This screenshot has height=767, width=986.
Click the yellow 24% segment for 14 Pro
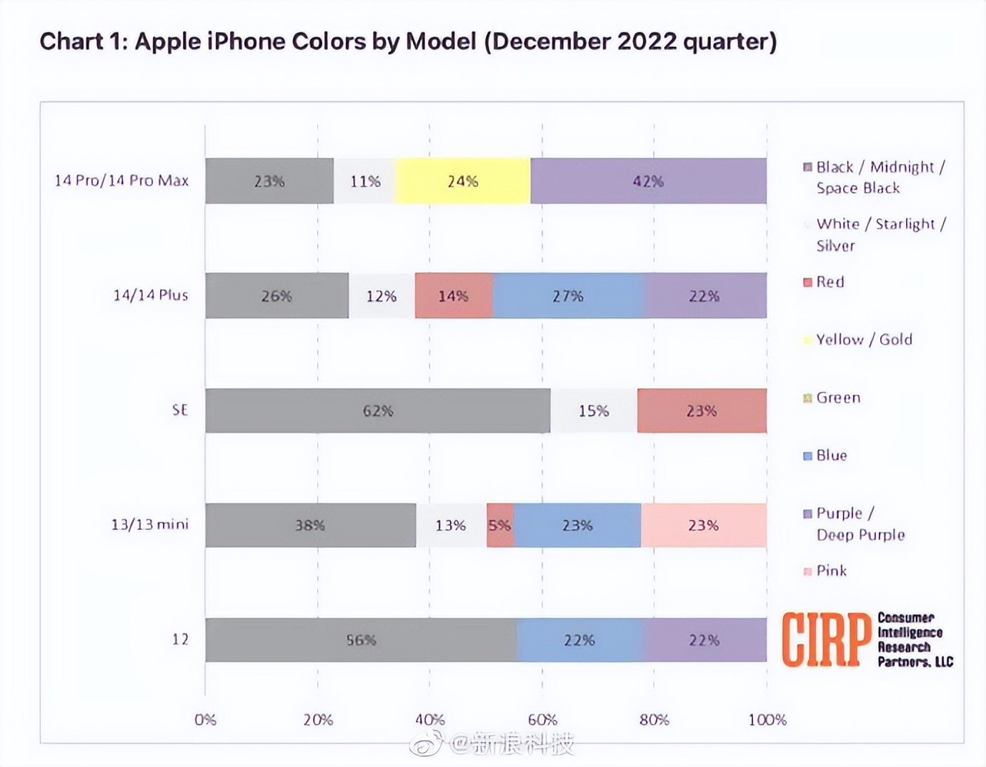tap(462, 181)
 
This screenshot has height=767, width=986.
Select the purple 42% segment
tap(648, 181)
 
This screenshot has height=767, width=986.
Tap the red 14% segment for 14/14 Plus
tap(454, 296)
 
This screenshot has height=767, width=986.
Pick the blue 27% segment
tap(568, 296)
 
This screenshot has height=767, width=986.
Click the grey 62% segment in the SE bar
tap(377, 411)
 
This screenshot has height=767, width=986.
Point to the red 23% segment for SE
tap(702, 411)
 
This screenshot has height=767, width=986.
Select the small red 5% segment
tap(499, 526)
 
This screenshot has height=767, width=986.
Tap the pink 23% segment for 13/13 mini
tap(703, 526)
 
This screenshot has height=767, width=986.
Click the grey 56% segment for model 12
tap(361, 640)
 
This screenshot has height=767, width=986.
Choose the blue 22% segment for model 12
tap(579, 640)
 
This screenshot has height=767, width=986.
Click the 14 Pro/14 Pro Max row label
tap(121, 181)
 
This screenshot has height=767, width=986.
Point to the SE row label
tap(180, 410)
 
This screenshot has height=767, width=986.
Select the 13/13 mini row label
tap(149, 524)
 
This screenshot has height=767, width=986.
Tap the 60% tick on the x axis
tap(542, 720)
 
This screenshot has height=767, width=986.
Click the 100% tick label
tap(767, 720)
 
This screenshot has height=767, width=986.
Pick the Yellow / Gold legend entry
tap(864, 339)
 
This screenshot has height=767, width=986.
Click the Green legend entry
tap(838, 398)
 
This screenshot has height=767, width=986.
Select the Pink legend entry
tap(831, 571)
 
